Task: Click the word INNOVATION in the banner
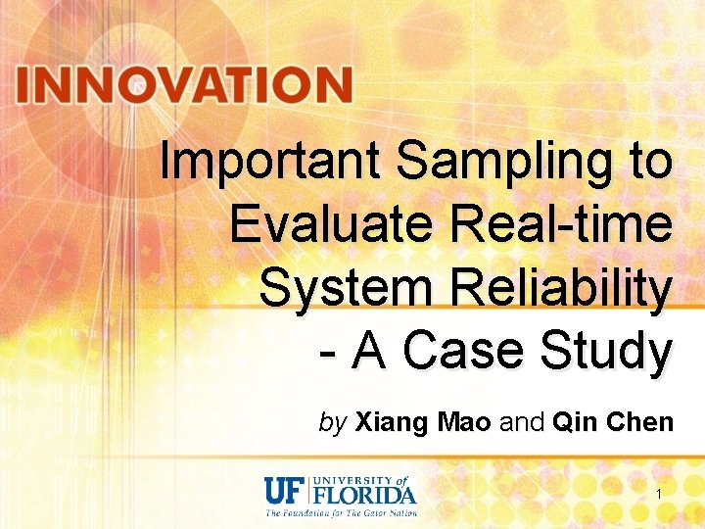pos(183,85)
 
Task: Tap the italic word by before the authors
pos(333,423)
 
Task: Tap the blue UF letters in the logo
pos(285,489)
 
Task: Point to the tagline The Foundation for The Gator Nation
pos(342,511)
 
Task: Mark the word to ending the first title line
pos(650,162)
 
